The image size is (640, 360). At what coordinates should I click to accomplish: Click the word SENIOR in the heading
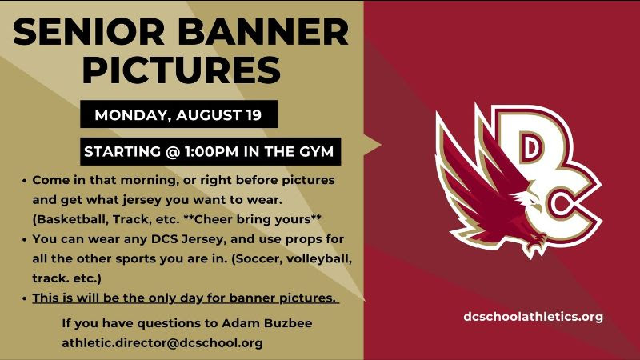point(89,32)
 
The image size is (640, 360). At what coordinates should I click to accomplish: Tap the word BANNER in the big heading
point(263,32)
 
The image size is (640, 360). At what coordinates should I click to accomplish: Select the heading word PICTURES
point(182,70)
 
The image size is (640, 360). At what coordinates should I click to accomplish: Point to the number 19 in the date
point(254,115)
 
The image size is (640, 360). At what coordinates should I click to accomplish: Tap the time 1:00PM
point(211,152)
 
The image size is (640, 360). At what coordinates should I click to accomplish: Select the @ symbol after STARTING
point(173,152)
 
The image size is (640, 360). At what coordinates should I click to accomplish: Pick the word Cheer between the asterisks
point(213,219)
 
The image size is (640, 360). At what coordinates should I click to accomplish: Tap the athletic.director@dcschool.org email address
point(162,343)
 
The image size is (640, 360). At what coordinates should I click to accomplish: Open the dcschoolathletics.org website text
point(533,317)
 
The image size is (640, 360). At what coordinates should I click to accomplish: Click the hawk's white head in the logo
point(526,199)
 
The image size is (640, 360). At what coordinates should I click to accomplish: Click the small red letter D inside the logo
point(530,147)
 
